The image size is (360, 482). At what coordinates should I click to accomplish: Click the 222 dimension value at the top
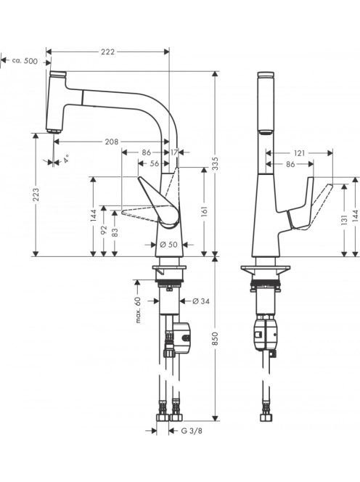click(x=107, y=52)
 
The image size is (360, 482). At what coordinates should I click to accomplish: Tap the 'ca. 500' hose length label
click(x=25, y=61)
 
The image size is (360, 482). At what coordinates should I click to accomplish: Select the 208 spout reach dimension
click(x=112, y=142)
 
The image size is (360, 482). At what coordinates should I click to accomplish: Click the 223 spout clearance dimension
click(x=36, y=195)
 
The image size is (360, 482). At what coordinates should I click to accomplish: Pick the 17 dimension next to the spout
click(x=174, y=152)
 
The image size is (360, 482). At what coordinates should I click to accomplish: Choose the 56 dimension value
click(x=155, y=163)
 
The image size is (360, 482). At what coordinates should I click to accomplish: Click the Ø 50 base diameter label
click(x=169, y=245)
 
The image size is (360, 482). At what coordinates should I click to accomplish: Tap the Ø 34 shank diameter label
click(x=201, y=301)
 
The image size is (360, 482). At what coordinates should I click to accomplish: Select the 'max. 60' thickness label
click(x=138, y=310)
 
